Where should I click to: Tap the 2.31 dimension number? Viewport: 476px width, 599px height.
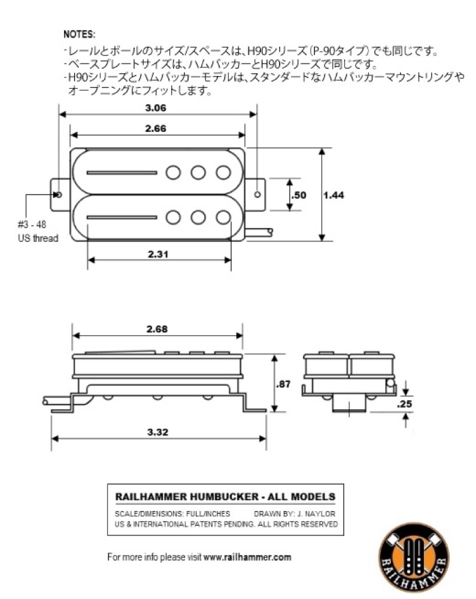pos(159,253)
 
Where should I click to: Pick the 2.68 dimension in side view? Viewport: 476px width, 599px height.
pos(156,329)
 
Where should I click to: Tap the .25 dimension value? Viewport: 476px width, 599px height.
pos(404,404)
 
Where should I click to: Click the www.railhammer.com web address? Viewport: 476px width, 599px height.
pos(247,556)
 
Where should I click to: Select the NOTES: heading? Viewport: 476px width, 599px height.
pos(79,34)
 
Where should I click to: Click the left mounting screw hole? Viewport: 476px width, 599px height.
pos(59,195)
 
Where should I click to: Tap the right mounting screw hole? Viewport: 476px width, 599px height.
pos(257,195)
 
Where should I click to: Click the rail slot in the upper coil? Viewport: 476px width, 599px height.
pos(122,173)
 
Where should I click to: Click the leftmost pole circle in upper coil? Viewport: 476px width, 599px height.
pos(173,173)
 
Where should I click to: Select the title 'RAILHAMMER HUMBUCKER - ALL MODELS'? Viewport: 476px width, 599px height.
pos(225,497)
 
